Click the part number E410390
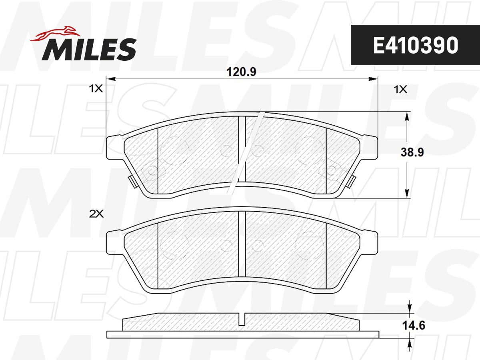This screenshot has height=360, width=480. coord(416,46)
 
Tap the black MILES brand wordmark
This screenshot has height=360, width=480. coord(89,49)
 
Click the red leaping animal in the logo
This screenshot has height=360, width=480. coord(55,34)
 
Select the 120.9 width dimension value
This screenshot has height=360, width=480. coord(241,72)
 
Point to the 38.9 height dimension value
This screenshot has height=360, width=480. coord(412,152)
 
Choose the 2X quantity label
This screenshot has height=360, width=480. coord(96,214)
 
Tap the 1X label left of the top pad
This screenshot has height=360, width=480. coord(96,88)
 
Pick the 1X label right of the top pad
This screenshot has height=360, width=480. coord(400,89)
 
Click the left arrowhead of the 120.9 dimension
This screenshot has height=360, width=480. coord(111,79)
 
